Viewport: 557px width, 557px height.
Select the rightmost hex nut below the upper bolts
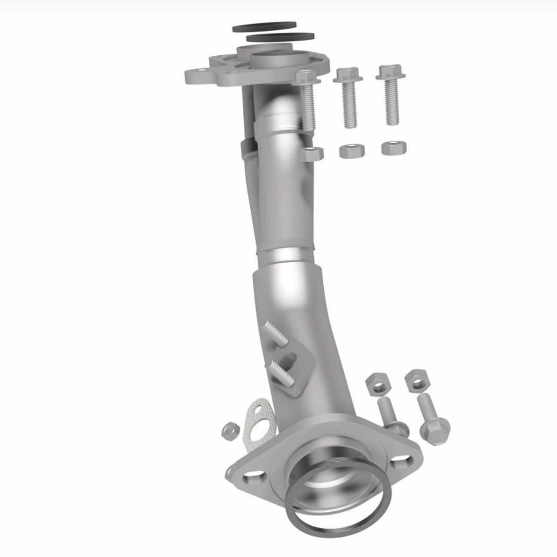394,148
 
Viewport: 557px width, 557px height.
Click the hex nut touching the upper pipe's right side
312,154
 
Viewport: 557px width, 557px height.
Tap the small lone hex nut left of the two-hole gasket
230,431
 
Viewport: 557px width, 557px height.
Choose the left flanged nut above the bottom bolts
376,383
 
